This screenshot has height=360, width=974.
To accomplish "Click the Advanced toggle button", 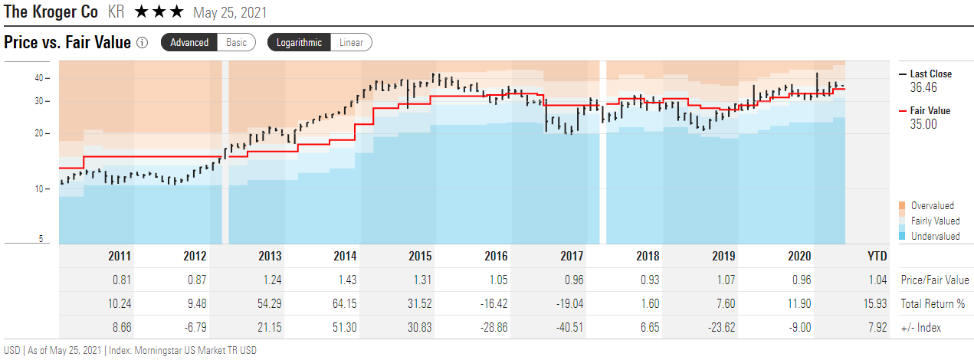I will click(189, 42).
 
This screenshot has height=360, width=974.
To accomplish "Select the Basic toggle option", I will click(236, 42).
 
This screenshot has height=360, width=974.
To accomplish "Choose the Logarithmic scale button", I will click(299, 42).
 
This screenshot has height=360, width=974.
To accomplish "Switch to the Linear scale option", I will click(351, 42).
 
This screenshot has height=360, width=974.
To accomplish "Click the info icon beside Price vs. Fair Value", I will click(142, 43).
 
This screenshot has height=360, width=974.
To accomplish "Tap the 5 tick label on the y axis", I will click(40, 239).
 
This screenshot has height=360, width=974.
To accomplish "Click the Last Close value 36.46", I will click(924, 88).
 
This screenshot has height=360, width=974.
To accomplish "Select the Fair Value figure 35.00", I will click(924, 124).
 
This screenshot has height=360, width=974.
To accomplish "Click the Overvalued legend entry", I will click(931, 205).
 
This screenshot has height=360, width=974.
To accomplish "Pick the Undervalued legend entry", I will click(934, 236).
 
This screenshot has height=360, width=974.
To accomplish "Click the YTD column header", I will click(877, 257).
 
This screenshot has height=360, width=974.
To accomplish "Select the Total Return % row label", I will click(933, 304).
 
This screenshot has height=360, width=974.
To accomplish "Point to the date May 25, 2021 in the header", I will click(231, 13).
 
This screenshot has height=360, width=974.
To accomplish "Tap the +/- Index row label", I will click(921, 328).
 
